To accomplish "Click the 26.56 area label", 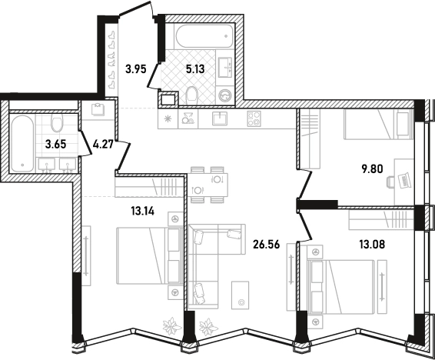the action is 266,245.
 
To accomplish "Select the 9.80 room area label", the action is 372,168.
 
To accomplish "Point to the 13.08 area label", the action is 372,245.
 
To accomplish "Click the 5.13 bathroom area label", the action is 195,68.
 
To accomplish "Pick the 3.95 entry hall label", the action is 136,68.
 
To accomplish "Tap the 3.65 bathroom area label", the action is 56,145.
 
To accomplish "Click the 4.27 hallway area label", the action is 102,145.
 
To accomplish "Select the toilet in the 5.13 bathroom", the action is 191,94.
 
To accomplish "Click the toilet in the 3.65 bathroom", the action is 57,124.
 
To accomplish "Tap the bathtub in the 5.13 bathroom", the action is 204,36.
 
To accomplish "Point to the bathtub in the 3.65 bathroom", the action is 22,143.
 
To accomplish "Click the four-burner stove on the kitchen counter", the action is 254,118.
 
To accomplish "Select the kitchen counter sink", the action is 220,118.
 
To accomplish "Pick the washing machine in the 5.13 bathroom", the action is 226,96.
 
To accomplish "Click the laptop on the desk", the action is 405,181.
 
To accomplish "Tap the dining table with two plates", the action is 208,185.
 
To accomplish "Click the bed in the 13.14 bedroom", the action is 149,255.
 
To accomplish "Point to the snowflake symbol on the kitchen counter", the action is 168,118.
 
